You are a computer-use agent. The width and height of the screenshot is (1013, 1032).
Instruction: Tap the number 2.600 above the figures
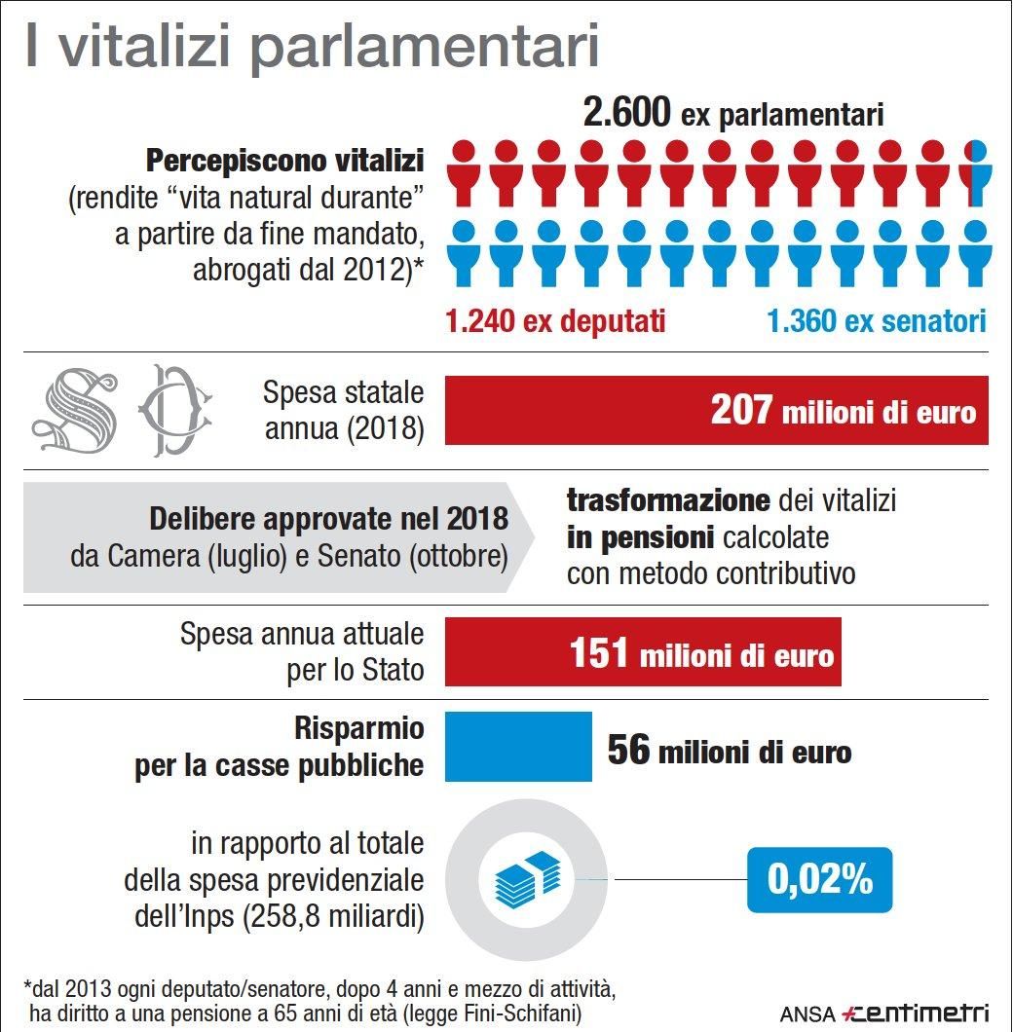click(x=626, y=114)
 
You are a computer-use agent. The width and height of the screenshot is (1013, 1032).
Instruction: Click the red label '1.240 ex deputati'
click(x=555, y=321)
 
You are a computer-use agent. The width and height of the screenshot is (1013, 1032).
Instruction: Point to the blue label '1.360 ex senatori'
click(x=877, y=321)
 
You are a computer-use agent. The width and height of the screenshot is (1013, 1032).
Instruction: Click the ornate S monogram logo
click(x=75, y=410)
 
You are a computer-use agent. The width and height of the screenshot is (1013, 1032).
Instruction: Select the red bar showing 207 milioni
click(x=716, y=410)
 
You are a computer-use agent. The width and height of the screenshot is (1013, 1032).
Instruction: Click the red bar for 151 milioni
click(x=643, y=651)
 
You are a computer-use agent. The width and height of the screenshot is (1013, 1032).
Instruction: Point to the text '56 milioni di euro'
click(x=729, y=751)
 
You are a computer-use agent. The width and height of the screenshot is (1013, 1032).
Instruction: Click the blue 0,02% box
click(x=819, y=879)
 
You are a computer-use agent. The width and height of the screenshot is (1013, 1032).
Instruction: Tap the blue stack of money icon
click(x=527, y=878)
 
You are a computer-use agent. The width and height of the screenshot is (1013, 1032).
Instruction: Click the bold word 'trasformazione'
click(x=668, y=500)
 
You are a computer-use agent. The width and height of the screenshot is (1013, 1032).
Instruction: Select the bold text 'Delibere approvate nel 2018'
click(x=328, y=519)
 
